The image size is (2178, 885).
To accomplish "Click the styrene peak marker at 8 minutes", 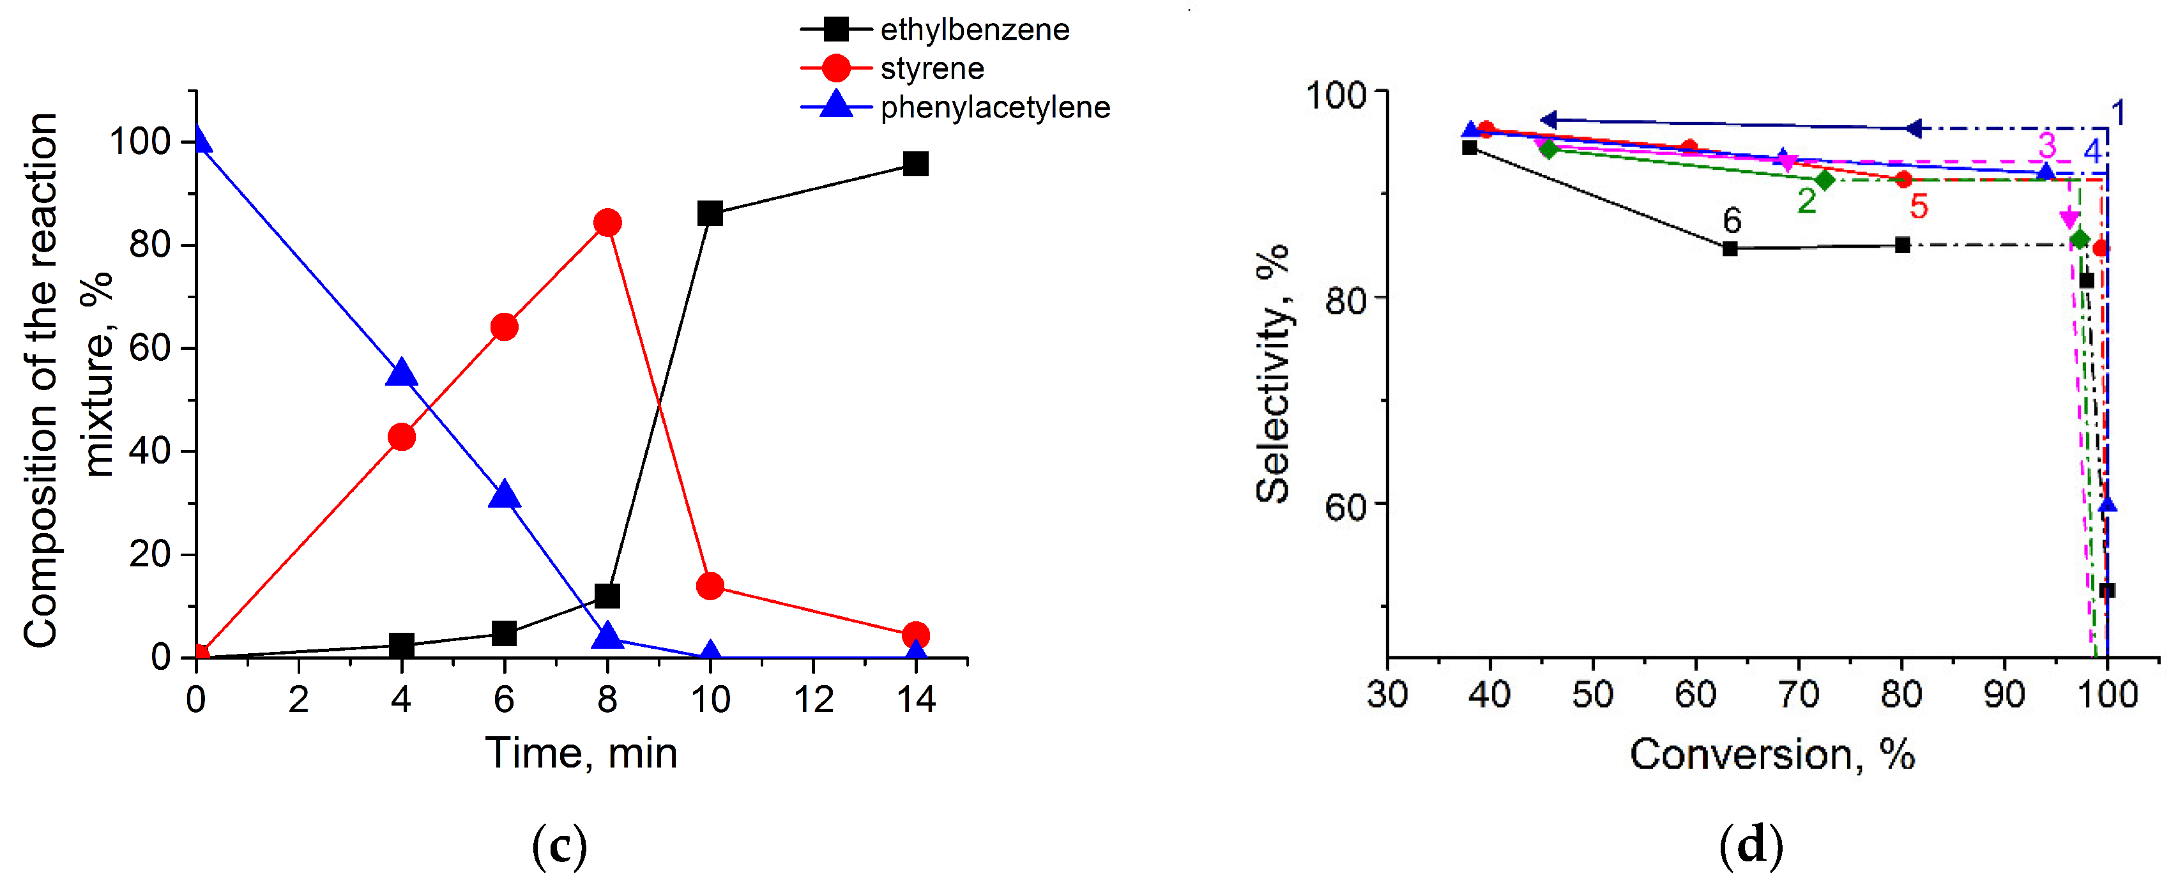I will (x=607, y=223).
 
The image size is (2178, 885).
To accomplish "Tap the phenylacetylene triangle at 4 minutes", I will (x=400, y=373).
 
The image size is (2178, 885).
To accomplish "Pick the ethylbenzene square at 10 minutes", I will (x=710, y=214).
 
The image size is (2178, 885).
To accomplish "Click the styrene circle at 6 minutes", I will (x=504, y=327).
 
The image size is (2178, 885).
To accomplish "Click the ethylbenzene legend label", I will (x=974, y=31).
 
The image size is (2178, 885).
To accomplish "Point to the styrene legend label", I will (x=932, y=68).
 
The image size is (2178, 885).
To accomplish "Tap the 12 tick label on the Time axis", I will (x=813, y=700).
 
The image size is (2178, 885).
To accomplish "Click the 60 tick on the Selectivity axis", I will (x=1345, y=507).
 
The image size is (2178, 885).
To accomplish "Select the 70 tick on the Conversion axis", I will (x=1799, y=695).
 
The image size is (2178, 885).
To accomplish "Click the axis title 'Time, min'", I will (x=581, y=753).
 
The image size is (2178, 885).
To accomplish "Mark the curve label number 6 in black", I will (x=1732, y=221).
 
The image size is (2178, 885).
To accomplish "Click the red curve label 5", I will (x=1919, y=206).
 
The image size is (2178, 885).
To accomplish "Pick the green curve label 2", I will (x=1807, y=201).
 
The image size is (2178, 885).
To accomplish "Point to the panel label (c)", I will (x=559, y=846).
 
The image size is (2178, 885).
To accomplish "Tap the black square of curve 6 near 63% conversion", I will (x=1730, y=248).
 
